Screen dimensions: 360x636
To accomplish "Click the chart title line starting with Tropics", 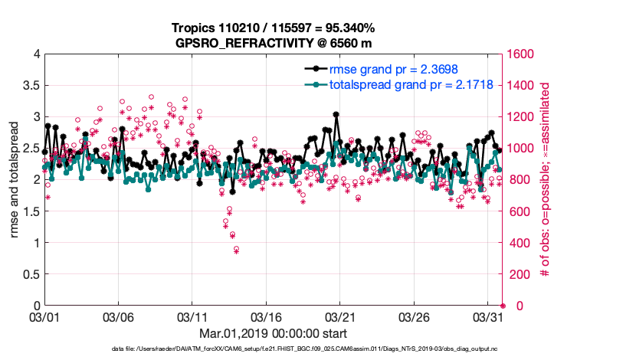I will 274,28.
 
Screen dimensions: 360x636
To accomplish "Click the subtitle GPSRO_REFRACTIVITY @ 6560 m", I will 274,42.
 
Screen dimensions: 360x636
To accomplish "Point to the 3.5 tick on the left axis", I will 31,86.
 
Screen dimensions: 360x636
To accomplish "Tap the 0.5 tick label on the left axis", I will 31,274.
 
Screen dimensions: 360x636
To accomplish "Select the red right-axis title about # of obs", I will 546,180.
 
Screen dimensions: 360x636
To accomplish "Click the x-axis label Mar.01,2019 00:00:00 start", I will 273,333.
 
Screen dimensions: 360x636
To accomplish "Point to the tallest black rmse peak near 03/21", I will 336,115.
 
